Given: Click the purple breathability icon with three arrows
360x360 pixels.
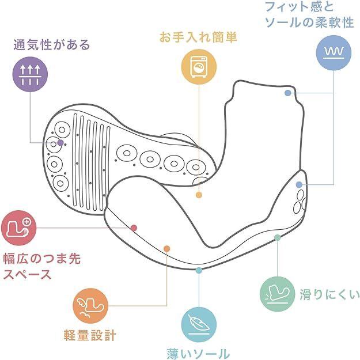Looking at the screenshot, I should (x=29, y=74).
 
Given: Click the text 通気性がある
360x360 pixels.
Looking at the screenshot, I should (x=53, y=44).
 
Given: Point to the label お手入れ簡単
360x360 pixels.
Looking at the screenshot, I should (x=198, y=37).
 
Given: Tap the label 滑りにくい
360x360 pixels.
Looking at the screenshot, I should (x=329, y=295).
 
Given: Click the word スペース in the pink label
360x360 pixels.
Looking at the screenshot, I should (x=28, y=274).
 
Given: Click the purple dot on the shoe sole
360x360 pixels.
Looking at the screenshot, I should (x=60, y=142).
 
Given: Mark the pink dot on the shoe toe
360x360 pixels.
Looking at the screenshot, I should (x=134, y=228).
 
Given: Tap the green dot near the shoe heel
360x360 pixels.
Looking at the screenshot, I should (x=278, y=237).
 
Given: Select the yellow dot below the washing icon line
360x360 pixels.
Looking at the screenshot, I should (x=199, y=195).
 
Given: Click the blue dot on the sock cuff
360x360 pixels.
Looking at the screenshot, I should (x=287, y=93).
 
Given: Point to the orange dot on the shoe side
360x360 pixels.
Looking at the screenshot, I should (x=166, y=249).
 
